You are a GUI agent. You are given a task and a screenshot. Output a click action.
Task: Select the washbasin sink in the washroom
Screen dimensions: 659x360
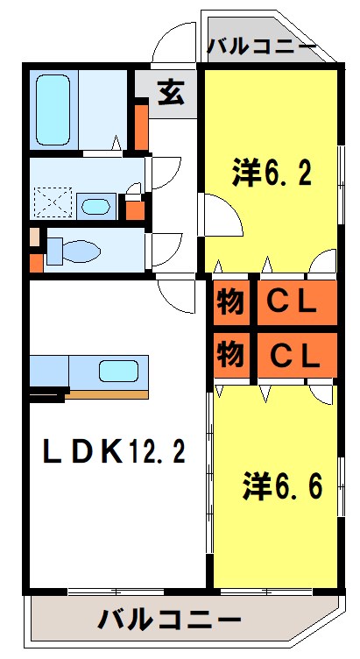(94, 207)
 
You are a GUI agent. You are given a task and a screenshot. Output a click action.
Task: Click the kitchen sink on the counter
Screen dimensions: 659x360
(117, 371)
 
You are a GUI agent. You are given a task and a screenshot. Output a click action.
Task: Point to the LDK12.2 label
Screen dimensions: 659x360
(114, 451)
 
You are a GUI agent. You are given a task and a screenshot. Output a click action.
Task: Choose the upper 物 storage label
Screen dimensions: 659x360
(229, 302)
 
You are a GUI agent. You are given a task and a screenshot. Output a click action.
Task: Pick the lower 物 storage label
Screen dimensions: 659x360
(229, 355)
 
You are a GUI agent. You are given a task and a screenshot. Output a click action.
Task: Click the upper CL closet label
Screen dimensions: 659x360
(292, 302)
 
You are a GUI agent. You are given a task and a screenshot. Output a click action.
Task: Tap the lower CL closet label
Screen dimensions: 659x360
(292, 355)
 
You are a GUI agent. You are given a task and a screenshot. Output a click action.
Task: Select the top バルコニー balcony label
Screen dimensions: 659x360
(262, 46)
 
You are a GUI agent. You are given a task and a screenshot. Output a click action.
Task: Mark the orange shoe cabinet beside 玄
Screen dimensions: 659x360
(141, 125)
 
